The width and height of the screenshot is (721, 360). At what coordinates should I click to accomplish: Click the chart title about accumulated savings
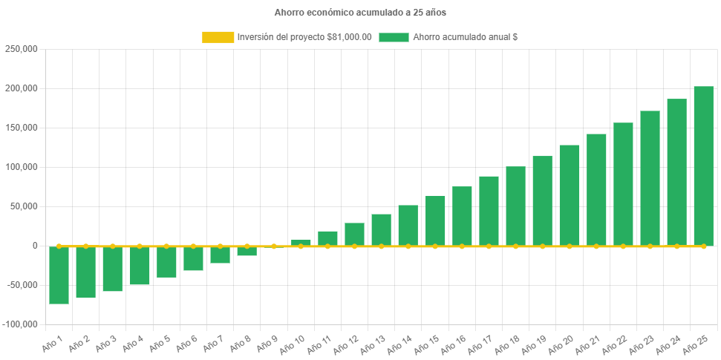coord(360,13)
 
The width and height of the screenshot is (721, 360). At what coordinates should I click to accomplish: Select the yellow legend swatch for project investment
coord(218,37)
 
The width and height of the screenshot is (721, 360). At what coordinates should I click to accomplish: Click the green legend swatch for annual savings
coord(394,37)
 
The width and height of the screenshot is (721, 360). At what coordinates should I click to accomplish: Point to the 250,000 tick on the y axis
coord(22,49)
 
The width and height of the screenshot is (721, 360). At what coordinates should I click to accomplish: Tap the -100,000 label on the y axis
coord(20,324)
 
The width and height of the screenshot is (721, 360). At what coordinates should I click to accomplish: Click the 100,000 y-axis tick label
coord(22,167)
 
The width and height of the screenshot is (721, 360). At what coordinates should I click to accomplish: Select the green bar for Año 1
coord(59,275)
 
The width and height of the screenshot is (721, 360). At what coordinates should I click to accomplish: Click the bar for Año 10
coord(301,242)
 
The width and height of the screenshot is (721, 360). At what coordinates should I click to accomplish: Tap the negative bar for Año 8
coord(247,252)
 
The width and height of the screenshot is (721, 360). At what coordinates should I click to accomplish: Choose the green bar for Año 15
coord(435,220)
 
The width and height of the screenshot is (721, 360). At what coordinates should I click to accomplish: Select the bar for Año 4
coord(140,266)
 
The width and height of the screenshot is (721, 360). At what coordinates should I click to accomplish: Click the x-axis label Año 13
coord(373,344)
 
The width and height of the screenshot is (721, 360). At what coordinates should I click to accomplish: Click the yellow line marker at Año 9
coord(274,246)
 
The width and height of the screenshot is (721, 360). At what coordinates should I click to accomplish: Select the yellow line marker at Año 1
coord(59,246)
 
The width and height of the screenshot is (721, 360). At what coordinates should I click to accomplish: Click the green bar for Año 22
coord(623,183)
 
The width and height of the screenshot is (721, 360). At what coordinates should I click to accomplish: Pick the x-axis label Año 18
coord(506,344)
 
